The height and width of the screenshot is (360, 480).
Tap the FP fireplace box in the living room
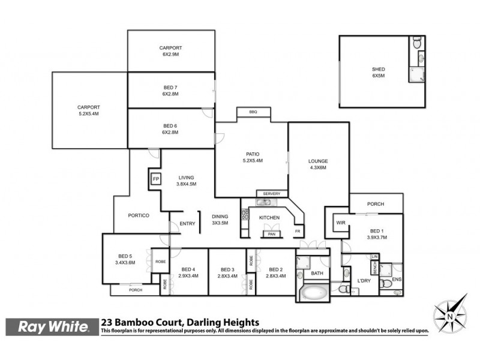point(156,179)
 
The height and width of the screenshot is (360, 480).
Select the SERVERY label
point(272,193)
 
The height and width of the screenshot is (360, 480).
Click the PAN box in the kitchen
point(271,234)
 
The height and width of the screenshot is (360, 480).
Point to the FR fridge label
point(298,232)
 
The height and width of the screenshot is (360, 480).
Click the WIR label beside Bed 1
point(341,223)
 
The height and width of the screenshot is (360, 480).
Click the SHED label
point(378,70)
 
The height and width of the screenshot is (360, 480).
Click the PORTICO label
point(139,215)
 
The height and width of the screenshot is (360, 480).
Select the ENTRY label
point(188,224)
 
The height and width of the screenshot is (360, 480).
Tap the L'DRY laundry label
point(363,280)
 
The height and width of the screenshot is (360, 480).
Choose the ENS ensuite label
point(397,280)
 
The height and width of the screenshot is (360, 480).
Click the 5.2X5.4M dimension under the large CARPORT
point(88,113)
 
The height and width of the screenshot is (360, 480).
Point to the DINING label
point(220,217)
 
